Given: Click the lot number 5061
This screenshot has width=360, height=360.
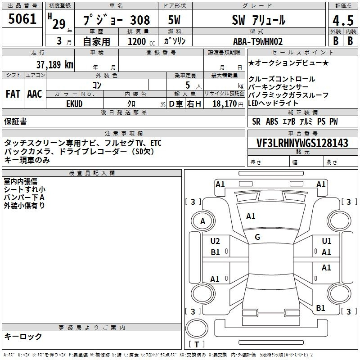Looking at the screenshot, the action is (x=22, y=18).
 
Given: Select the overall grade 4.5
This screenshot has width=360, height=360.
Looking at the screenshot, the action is (x=343, y=20).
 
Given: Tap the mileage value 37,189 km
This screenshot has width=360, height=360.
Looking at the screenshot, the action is (x=54, y=64).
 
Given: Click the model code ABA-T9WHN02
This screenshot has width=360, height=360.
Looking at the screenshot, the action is (x=257, y=41).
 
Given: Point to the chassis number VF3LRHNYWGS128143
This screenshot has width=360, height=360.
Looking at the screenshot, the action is (x=302, y=143).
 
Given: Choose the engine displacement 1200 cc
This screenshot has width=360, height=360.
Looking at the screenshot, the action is (x=141, y=41).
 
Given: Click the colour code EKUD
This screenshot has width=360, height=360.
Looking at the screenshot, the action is (x=74, y=104).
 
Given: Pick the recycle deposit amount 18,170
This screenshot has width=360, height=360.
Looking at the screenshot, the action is (x=225, y=104).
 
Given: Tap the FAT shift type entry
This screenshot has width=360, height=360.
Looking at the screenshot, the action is (x=13, y=94).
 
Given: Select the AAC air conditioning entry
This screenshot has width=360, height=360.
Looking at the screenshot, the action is (x=35, y=94).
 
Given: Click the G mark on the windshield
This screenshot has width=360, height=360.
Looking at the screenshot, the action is (x=257, y=237).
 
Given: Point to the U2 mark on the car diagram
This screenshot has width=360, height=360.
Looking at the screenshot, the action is (x=215, y=241).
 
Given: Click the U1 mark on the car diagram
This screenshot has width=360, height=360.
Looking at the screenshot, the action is (x=326, y=241).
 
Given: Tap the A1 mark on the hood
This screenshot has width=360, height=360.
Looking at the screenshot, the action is (x=251, y=216).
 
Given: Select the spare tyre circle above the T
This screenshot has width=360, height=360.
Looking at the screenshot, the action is (x=197, y=328).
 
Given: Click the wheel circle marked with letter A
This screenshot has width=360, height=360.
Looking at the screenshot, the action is (x=203, y=221).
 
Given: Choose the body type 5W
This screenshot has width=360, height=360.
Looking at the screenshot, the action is (x=174, y=20).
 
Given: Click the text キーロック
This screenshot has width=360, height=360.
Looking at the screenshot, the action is (x=23, y=336).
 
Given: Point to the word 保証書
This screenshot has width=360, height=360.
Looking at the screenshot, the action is (x=15, y=121).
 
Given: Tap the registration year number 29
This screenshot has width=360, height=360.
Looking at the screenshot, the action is (x=59, y=24).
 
